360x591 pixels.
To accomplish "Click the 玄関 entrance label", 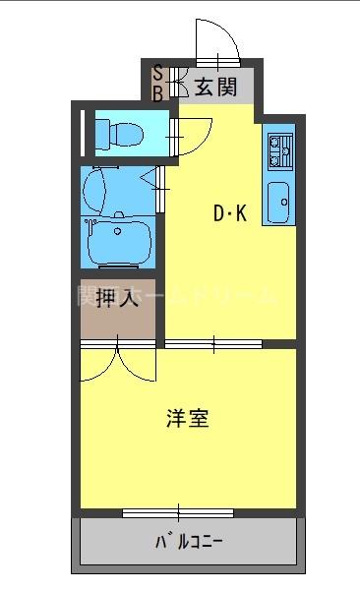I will (214, 87).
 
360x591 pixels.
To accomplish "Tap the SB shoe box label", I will (157, 83).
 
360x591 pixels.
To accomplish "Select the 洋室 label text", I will (186, 418).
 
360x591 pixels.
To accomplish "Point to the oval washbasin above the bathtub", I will (95, 189).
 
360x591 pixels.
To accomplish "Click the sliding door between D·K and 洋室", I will (212, 343).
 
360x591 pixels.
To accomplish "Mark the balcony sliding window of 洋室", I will (178, 511).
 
